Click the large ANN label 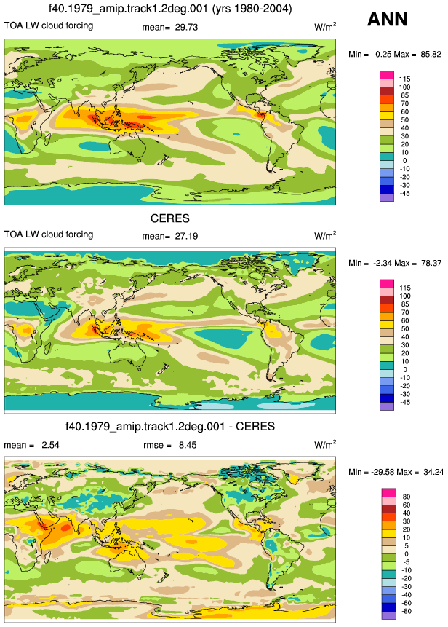coord(387,19)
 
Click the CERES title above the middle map coord(170,218)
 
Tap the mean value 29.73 coord(185,27)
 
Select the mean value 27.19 coord(186,236)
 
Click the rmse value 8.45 coord(188,445)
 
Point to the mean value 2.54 coord(50,445)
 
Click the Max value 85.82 coord(431,54)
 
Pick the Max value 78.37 coord(431,263)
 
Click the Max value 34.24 coord(433,472)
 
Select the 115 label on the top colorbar coord(404,79)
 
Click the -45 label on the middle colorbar coord(404,402)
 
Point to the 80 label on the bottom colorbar coord(406,497)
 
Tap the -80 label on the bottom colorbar coord(405,611)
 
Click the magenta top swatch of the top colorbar coord(387,75)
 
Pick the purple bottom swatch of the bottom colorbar coord(389,615)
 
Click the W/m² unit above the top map coord(325,27)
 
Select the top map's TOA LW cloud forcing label coord(49,25)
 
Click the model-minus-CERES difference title coord(170,426)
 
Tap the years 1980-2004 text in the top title coord(259,9)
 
